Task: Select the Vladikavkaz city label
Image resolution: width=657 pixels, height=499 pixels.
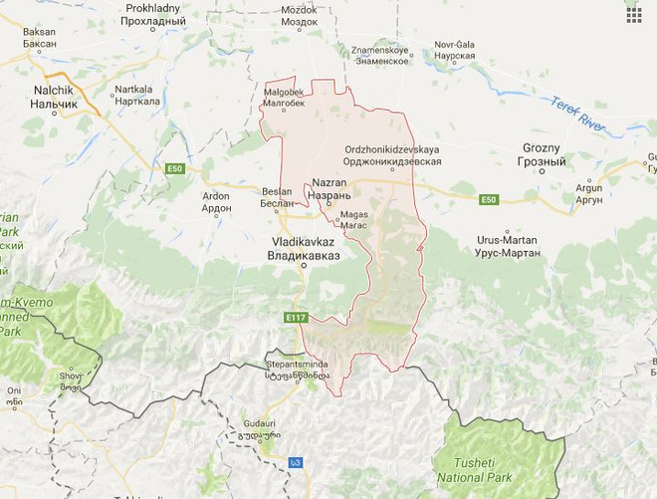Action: coord(304,249)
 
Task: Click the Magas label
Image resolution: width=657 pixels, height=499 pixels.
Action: coord(353,220)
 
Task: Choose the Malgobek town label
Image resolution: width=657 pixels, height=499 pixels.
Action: coord(284,97)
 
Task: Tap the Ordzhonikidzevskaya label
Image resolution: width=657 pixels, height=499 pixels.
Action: coord(392,154)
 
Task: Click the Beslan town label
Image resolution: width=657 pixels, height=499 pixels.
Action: coord(277,196)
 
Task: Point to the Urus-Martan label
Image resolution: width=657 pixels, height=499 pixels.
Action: coord(508,246)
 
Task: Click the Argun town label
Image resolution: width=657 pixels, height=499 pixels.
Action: coord(588,193)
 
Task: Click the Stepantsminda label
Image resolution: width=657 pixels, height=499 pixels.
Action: coord(296,370)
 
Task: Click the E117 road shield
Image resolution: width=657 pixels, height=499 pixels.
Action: coord(296,318)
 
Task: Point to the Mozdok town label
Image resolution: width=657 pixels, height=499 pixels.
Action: coord(299,15)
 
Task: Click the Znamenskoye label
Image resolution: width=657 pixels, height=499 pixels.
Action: coord(378,54)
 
